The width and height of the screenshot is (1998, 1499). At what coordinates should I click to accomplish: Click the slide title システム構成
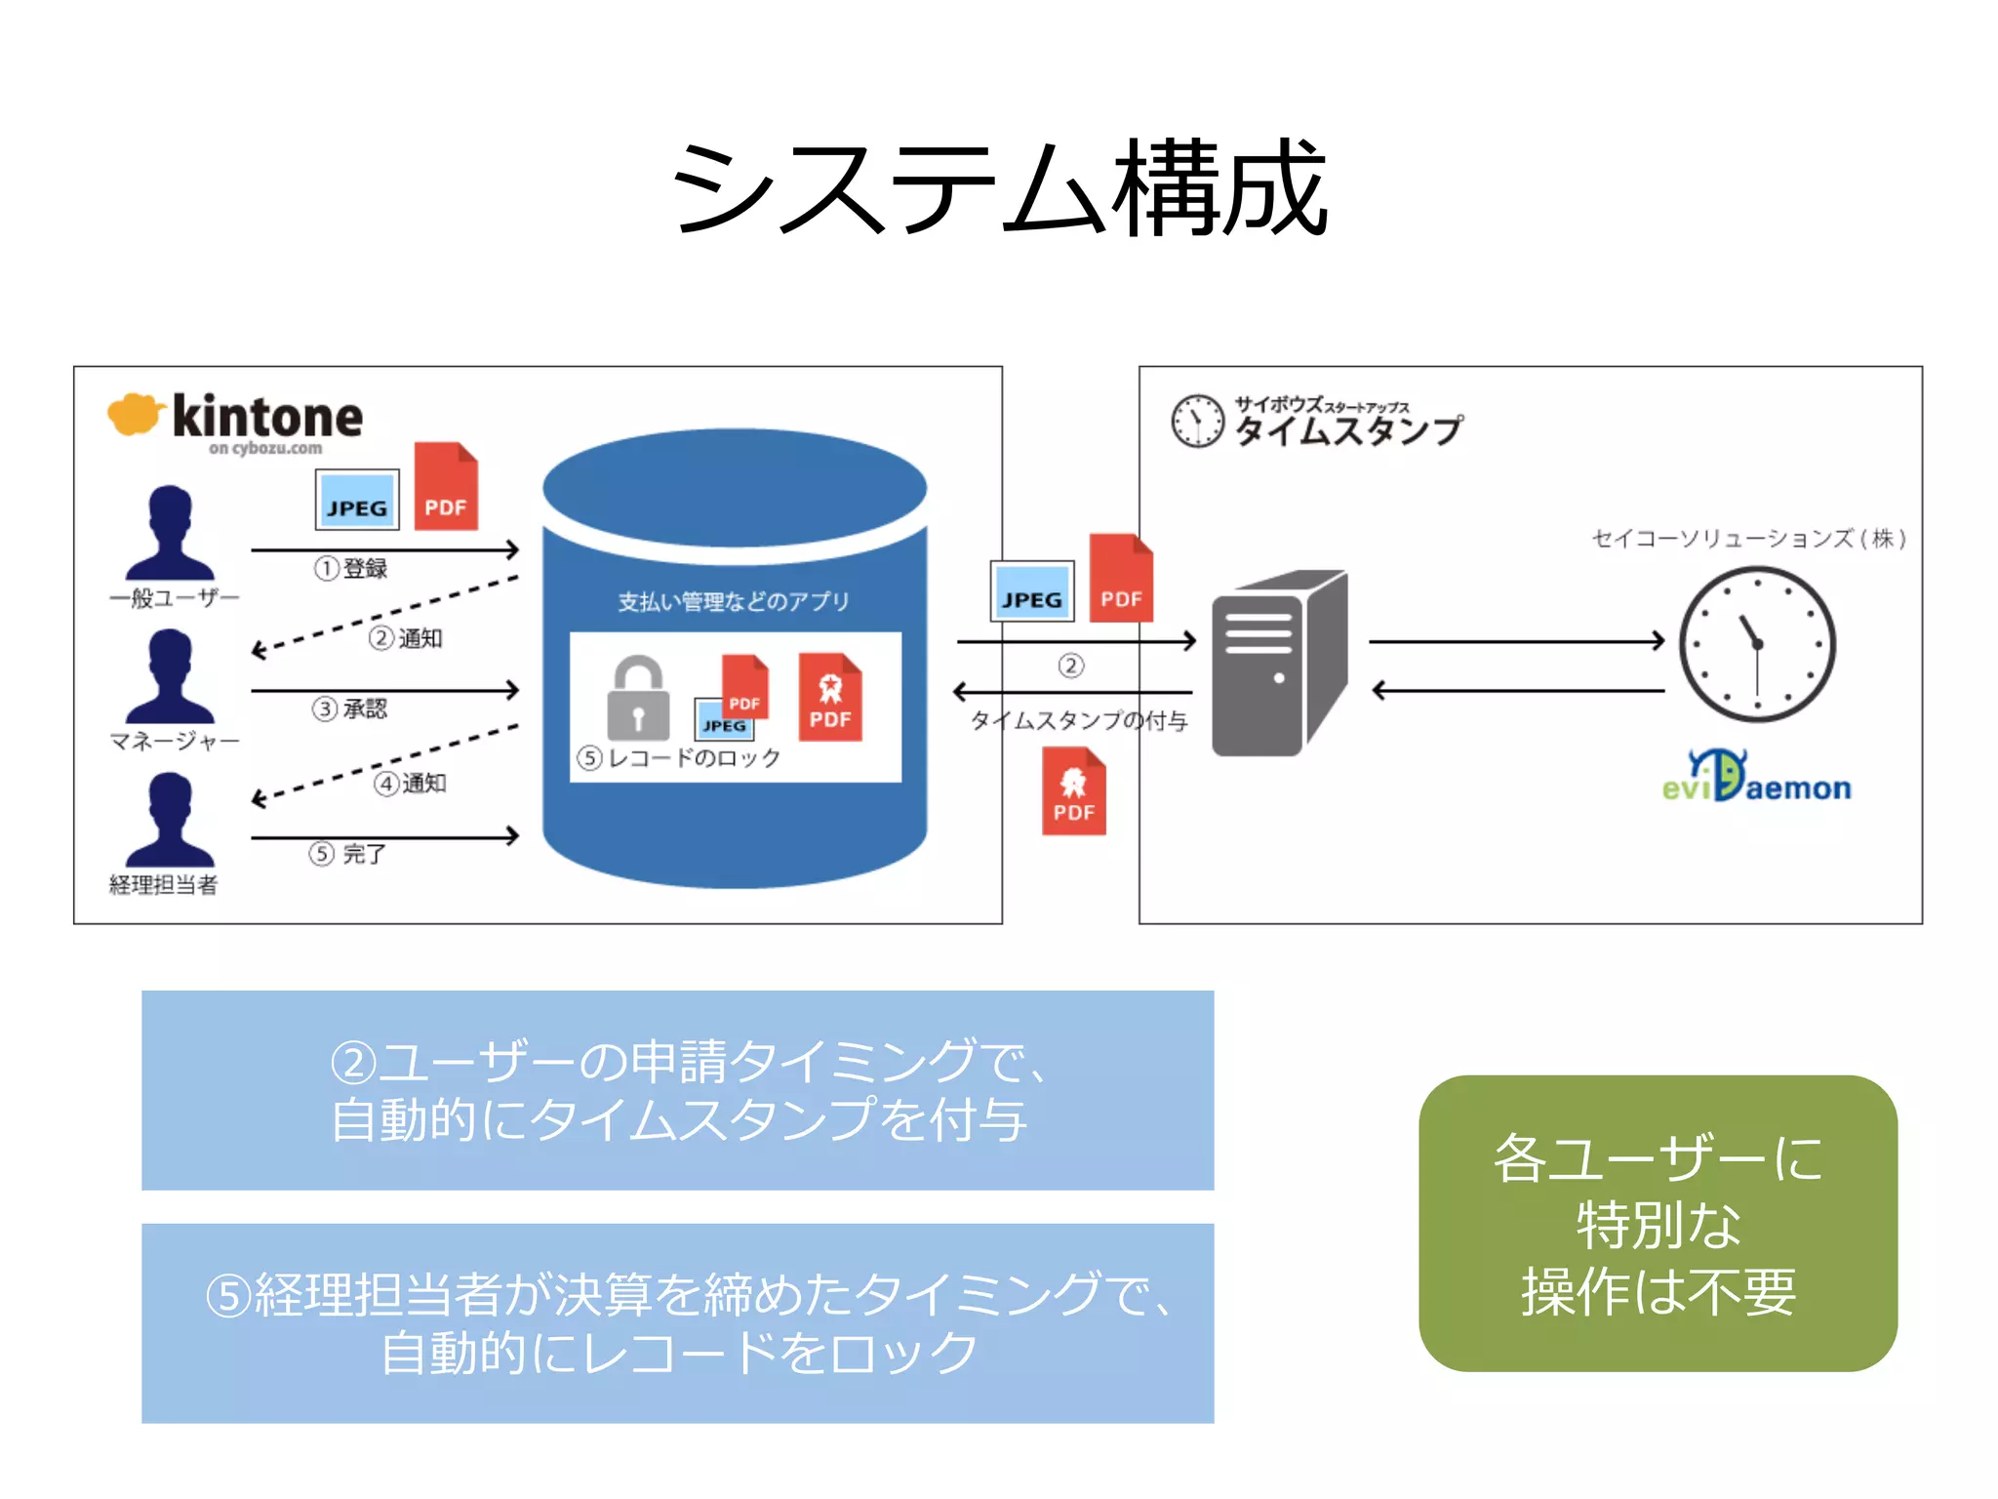[x=998, y=188]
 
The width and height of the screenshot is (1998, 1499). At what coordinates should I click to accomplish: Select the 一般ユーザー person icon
[x=170, y=534]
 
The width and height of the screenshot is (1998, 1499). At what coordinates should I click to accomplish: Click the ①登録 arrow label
[x=351, y=568]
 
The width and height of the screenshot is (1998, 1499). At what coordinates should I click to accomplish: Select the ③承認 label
[x=350, y=709]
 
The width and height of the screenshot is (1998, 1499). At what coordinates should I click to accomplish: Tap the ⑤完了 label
[x=348, y=854]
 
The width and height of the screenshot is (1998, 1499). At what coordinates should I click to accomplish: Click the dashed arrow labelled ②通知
[x=385, y=615]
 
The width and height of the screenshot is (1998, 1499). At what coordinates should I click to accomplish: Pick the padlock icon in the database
[x=638, y=699]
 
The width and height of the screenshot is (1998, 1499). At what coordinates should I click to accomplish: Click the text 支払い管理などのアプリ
[x=733, y=601]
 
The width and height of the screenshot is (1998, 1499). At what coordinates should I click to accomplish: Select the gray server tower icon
[x=1279, y=664]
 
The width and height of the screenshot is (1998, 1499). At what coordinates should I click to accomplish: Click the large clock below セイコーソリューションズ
[x=1756, y=644]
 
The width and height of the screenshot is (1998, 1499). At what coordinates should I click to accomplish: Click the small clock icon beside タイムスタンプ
[x=1197, y=422]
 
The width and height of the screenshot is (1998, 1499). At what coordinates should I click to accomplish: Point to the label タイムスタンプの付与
[x=1078, y=720]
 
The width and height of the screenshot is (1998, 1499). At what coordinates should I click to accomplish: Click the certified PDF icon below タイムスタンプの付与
[x=1073, y=791]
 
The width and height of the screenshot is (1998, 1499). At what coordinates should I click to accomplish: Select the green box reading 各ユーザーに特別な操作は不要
[x=1658, y=1223]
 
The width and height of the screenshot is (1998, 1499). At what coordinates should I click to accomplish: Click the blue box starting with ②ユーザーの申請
[x=677, y=1090]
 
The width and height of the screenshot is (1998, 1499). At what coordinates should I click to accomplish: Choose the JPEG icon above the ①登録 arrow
[x=357, y=500]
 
